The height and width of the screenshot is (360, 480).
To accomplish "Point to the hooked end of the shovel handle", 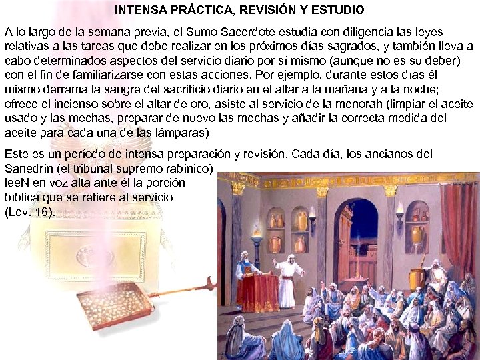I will [x=211, y=285].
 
